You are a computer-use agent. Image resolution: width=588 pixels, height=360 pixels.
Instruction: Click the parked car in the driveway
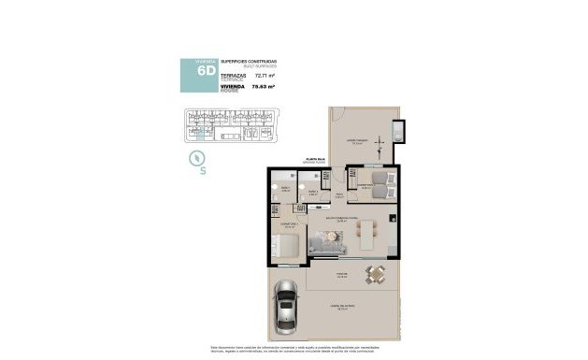click(284, 312)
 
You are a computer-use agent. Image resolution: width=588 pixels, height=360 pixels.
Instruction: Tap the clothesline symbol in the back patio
click(380, 146)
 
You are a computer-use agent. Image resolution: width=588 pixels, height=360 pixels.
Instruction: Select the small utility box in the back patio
click(399, 131)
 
